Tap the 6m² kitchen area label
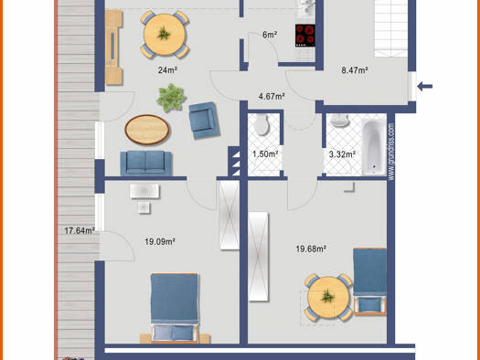pos(270,35)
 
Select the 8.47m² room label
pos(353,69)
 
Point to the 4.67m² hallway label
pos(272,95)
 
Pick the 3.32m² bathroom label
pos(342,154)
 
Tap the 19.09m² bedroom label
pos(159,242)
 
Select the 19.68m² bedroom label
pos(311,248)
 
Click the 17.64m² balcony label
pos(79,230)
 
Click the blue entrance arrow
pos(426,87)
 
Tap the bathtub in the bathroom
pos(373,148)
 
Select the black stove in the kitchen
pos(304,35)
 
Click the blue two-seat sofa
pos(146,163)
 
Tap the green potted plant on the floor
pos(170,94)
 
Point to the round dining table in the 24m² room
pos(164,36)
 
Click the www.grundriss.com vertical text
pos(391,151)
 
